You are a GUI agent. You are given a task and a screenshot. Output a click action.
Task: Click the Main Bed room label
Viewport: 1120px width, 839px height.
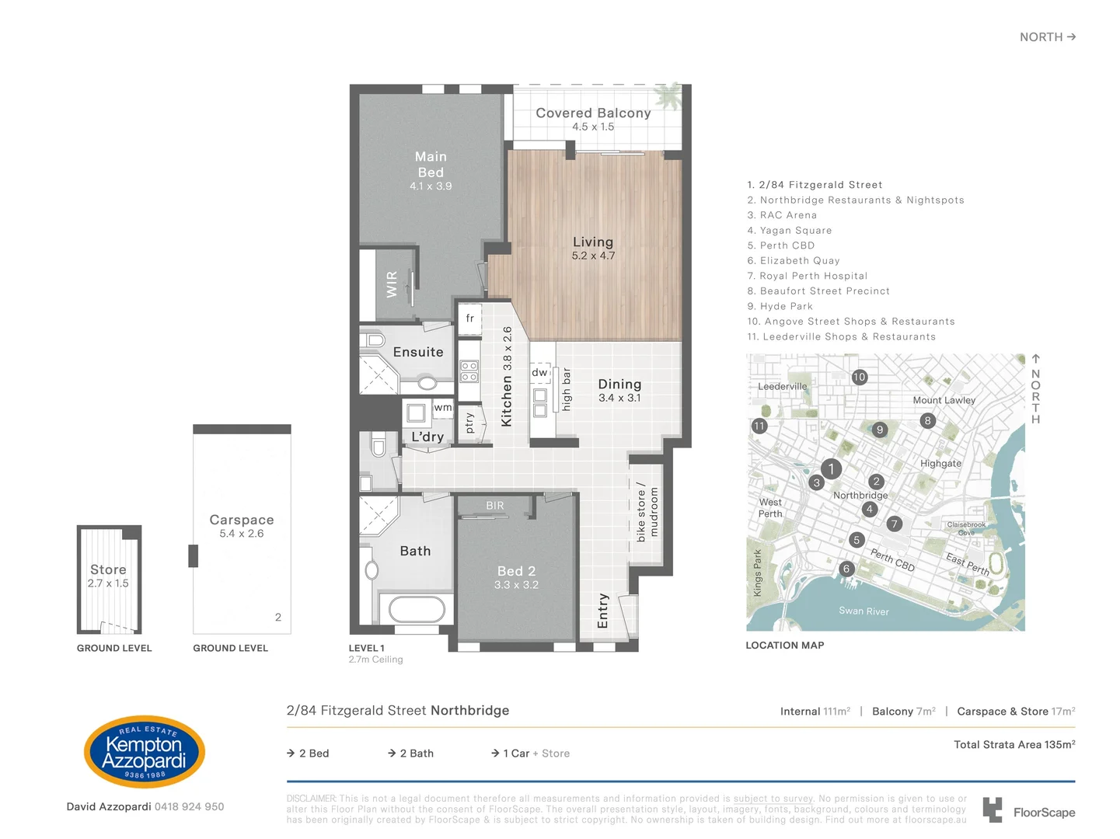point(431,164)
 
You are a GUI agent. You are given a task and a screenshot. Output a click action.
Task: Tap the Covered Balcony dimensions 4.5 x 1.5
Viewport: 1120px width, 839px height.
point(593,127)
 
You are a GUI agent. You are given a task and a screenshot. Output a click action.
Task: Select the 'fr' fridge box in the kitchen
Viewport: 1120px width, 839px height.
point(469,319)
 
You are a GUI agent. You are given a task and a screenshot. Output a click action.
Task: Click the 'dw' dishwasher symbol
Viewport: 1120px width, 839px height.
point(539,373)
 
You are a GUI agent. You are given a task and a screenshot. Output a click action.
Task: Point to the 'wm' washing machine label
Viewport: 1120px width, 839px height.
point(442,407)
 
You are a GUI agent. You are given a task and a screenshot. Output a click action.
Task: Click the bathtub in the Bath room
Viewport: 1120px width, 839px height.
point(417,609)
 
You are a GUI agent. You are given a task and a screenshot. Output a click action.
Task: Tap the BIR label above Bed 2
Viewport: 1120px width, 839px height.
point(495,506)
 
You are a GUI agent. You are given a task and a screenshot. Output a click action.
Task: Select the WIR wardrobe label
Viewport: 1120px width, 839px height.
point(392,284)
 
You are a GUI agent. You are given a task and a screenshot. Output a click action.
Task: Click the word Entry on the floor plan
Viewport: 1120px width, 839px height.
point(602,611)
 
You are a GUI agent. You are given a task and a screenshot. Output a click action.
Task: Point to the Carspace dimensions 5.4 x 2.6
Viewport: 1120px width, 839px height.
point(242,534)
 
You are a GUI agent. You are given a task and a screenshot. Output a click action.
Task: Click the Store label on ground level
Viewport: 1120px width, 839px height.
point(108,569)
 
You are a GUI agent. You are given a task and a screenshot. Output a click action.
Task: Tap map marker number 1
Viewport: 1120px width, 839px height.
point(831,468)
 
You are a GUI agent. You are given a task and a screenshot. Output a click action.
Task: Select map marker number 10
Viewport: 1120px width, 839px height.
point(859,378)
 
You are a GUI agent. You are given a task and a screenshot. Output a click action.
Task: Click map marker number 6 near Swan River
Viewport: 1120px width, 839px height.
point(846,569)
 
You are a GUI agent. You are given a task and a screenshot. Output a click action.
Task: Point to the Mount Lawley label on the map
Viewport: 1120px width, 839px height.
point(944,400)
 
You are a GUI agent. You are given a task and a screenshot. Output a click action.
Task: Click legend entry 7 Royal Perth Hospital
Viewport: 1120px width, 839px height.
point(808,276)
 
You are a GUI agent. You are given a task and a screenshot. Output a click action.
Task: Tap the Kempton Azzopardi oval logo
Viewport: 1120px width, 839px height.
point(144,752)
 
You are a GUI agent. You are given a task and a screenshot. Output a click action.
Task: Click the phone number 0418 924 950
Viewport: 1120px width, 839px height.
point(189,806)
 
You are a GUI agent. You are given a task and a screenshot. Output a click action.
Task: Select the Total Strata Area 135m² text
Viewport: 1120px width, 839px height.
point(1014,744)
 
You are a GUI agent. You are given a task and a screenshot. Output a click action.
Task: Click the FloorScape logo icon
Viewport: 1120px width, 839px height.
point(992,809)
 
